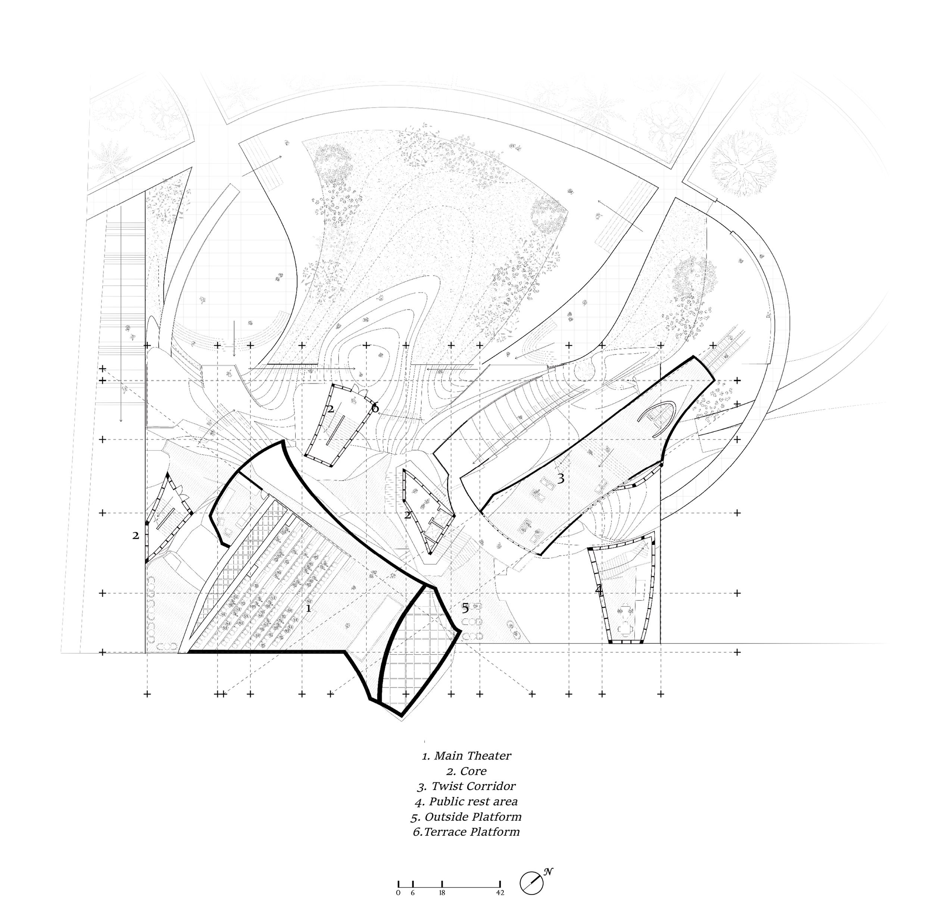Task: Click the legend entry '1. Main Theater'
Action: click(x=466, y=756)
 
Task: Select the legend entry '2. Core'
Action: click(x=466, y=771)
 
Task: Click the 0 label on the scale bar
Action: click(x=398, y=893)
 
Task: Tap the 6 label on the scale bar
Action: click(x=413, y=893)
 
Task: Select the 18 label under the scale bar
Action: click(x=442, y=893)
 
